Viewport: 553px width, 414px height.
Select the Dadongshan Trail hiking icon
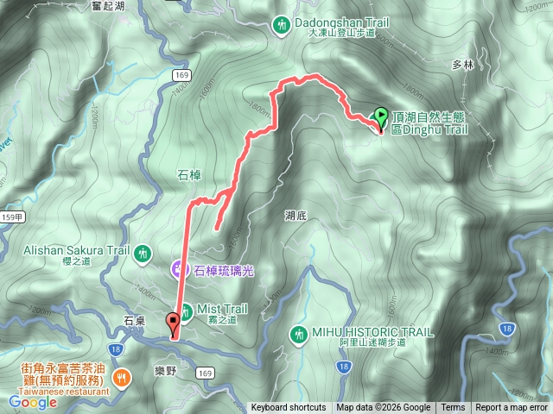click(x=281, y=26)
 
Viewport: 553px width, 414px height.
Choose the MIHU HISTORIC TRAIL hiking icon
click(x=299, y=333)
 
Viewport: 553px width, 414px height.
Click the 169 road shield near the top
click(x=181, y=76)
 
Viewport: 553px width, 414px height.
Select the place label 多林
click(x=464, y=65)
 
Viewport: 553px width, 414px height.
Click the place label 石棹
click(x=189, y=175)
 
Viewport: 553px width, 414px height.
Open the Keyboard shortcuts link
click(x=289, y=408)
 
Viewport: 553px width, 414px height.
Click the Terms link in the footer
click(x=453, y=408)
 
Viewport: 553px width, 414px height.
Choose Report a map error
click(x=512, y=408)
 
